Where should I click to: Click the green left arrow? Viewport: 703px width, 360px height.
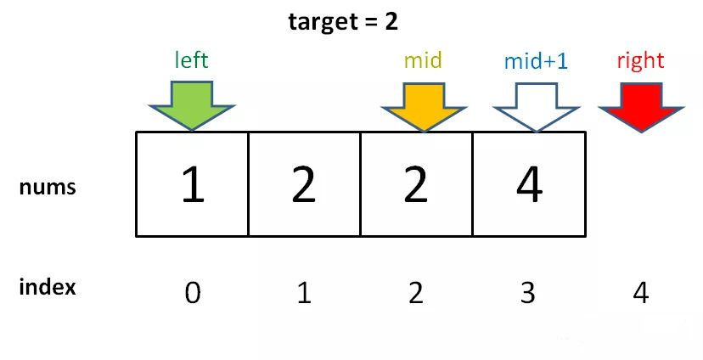coord(192,103)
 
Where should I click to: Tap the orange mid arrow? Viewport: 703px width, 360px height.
coord(424,103)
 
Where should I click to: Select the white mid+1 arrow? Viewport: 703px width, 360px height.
coord(535,103)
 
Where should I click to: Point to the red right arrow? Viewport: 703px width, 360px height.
coord(640,103)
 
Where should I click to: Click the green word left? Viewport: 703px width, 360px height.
coord(191,60)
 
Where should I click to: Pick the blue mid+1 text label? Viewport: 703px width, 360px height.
coord(535,61)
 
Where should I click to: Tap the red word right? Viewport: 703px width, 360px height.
coord(640,60)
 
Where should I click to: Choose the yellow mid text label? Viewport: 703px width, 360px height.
coord(423,60)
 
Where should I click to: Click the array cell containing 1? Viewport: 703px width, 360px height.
coord(193,184)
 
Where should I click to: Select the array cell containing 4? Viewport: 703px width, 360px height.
coord(529,184)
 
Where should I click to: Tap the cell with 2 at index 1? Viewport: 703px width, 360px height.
coord(304,184)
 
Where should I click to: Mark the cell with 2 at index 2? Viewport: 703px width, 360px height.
coord(416,184)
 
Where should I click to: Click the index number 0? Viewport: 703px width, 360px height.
coord(193,293)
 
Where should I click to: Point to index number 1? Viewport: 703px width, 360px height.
coord(304,293)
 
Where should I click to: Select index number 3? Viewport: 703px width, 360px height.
coord(528,293)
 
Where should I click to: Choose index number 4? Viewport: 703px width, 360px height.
coord(641,293)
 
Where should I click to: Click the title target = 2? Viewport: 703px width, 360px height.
coord(343,21)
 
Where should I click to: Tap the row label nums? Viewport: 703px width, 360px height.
coord(48,187)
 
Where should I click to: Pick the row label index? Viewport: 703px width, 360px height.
coord(48,287)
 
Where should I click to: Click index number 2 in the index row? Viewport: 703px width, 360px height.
coord(416,293)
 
